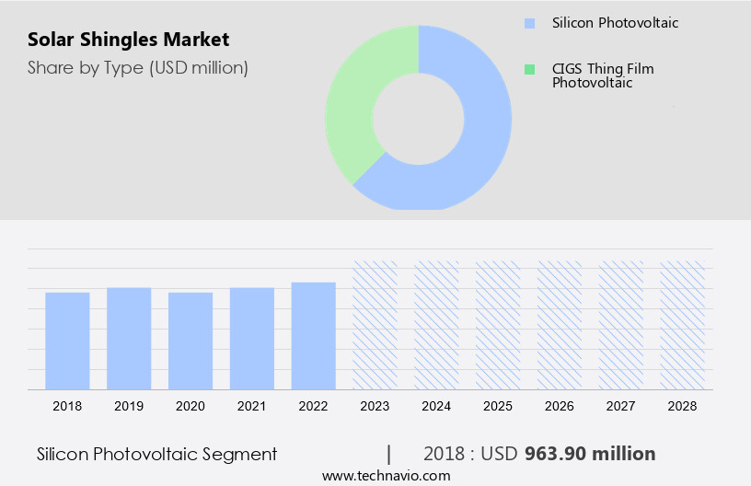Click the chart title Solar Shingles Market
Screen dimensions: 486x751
coord(129,40)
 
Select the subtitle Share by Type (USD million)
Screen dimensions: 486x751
coord(138,67)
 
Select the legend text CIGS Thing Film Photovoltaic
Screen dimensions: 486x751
coord(603,75)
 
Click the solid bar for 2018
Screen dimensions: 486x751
coord(67,341)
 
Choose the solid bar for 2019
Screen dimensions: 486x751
coord(129,338)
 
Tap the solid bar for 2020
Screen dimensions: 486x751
coord(191,341)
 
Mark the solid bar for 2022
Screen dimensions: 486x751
coord(314,335)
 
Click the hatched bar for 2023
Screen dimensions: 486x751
coord(375,324)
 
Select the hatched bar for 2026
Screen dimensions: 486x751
coord(560,324)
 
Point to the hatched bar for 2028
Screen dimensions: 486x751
coord(683,324)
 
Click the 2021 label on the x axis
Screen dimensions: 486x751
coord(252,405)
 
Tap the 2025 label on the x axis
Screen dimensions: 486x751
coord(498,405)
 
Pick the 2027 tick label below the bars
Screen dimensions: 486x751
coord(621,405)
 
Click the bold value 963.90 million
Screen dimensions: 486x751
coord(590,454)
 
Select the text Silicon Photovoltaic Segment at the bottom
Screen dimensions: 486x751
coord(156,454)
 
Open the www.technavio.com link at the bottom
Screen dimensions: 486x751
coord(386,475)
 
